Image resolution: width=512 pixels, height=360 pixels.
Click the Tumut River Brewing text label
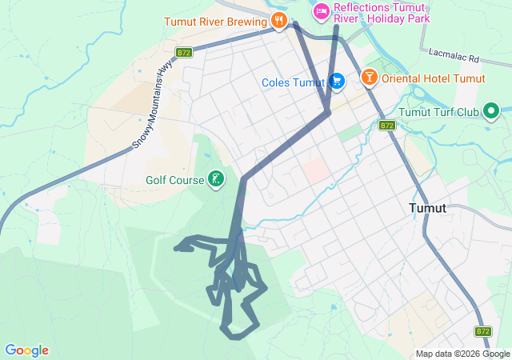[215, 22]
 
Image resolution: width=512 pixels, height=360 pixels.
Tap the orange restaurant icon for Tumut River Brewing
[278, 21]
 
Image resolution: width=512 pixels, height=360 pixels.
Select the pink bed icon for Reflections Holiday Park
[321, 10]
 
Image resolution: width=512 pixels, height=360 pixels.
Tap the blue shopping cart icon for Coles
[337, 82]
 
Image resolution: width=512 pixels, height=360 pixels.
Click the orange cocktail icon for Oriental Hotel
[369, 78]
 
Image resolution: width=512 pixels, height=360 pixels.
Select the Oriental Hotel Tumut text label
[434, 78]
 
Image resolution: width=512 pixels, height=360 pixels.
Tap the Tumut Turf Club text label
[438, 112]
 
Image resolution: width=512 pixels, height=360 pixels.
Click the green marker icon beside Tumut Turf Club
[490, 110]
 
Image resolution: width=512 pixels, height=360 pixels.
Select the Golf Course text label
[175, 180]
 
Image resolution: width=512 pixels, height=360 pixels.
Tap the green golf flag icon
[215, 180]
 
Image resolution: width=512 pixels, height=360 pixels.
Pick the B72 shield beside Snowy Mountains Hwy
[185, 53]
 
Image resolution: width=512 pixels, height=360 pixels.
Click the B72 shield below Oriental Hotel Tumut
[387, 126]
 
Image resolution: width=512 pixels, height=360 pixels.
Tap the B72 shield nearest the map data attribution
[482, 330]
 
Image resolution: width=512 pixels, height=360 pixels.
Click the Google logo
[26, 350]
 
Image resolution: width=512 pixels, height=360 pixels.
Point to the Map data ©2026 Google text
[462, 354]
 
